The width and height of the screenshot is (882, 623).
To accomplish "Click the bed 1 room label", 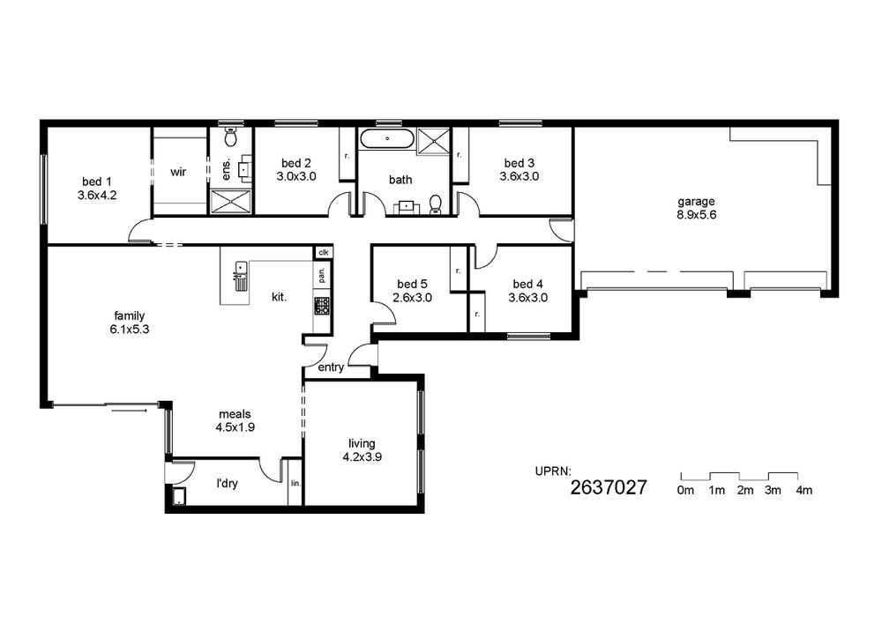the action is (97, 182).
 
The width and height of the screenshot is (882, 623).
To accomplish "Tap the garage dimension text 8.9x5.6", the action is (697, 215).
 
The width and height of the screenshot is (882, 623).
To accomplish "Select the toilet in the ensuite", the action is (230, 136).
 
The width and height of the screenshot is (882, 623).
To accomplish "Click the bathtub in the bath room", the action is (387, 138).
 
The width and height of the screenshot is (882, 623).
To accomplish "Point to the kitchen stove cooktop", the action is (322, 306).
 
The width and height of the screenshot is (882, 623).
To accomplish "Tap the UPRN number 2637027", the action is (609, 487).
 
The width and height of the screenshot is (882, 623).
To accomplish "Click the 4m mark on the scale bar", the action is (804, 490).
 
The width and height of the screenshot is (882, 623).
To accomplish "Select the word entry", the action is (331, 367).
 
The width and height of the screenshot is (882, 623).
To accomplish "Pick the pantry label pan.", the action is (321, 275).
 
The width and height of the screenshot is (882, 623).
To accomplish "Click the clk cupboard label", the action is (324, 253).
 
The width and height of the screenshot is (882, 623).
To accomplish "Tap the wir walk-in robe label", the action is (178, 172).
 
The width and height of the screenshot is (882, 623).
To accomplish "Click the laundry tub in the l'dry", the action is (179, 497).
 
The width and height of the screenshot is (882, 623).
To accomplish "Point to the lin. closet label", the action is (295, 483).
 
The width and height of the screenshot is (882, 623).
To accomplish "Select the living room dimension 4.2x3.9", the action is (363, 457).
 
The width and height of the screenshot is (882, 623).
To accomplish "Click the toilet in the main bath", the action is (436, 204).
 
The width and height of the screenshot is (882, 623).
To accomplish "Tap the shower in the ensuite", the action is (231, 201).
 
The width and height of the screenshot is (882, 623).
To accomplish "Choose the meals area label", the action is (235, 414).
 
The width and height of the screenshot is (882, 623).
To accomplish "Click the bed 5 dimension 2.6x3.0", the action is (412, 298).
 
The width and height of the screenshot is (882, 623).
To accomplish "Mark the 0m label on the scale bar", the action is (685, 490).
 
